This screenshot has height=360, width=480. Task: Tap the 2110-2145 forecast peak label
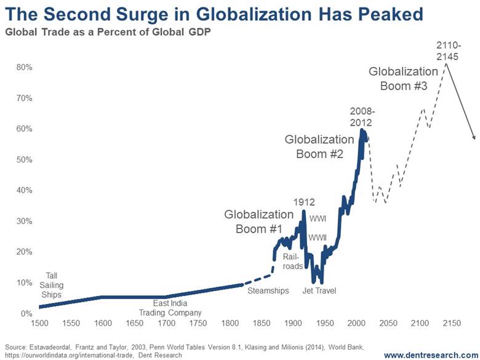coord(452,50)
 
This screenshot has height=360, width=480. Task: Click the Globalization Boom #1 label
coord(258,222)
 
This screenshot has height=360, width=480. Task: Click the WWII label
coord(318,238)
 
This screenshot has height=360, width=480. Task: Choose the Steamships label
coord(268,290)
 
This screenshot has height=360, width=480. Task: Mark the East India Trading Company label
coord(179,308)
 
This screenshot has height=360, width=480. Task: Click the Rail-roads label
coord(292,261)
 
